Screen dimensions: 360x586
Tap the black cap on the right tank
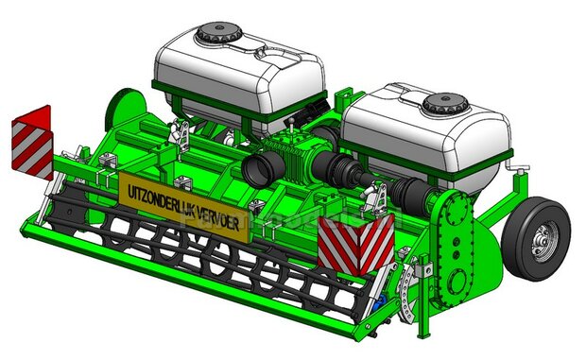(x=442, y=101)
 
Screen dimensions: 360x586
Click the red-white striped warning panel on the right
(x=355, y=246)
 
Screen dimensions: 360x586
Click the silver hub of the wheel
(x=542, y=244)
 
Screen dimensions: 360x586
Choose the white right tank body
(x=425, y=137)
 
